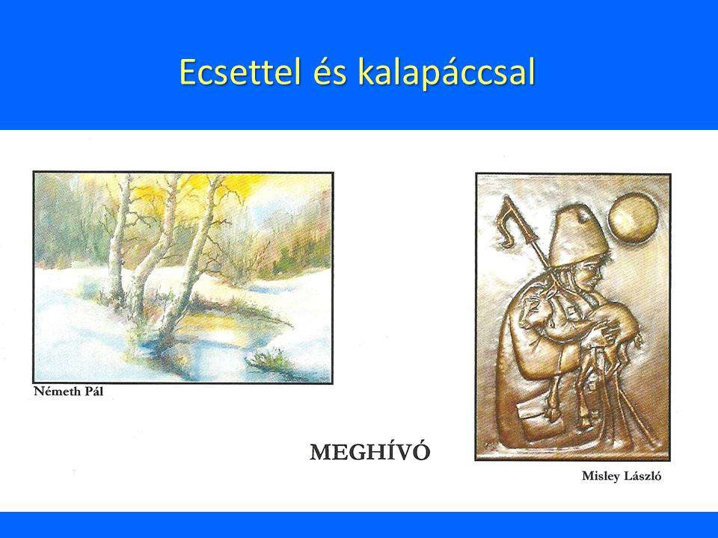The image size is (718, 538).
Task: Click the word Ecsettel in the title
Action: pyautogui.click(x=240, y=72)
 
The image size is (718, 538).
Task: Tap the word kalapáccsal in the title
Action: pyautogui.click(x=447, y=72)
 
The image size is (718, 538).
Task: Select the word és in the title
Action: pyautogui.click(x=330, y=73)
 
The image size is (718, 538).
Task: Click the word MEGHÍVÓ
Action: pyautogui.click(x=370, y=452)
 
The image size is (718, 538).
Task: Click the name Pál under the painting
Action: pyautogui.click(x=94, y=392)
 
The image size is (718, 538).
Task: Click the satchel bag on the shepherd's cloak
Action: pyautogui.click(x=534, y=418)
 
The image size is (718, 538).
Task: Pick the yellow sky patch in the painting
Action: pyautogui.click(x=206, y=188)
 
